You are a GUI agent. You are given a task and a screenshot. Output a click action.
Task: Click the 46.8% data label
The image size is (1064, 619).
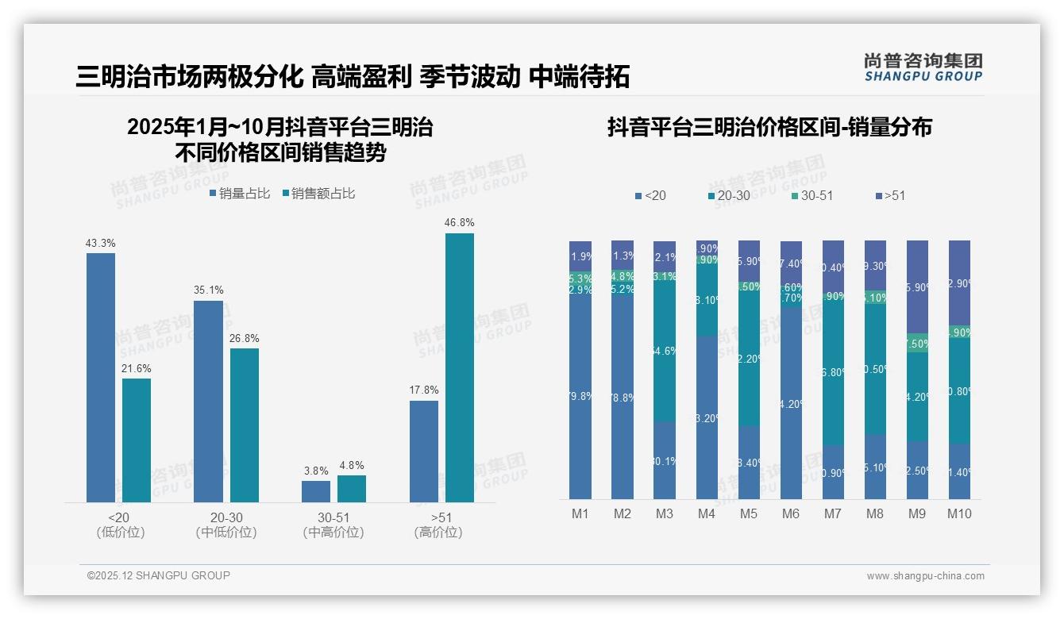pos(459,223)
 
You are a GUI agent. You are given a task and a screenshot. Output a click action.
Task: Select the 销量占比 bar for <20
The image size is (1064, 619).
pos(101,377)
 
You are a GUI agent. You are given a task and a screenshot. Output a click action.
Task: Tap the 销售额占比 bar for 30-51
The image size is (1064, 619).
pos(352,489)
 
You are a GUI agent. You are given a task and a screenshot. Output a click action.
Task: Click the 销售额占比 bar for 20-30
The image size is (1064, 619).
pos(245,425)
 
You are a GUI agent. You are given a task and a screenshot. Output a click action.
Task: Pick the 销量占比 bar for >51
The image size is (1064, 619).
pos(424,451)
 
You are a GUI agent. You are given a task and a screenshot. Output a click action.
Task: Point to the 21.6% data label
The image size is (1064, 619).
pos(137,369)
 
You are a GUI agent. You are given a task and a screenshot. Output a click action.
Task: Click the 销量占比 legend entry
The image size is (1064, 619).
pos(240,194)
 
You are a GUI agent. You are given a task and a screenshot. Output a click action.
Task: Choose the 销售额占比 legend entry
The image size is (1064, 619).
pos(318,194)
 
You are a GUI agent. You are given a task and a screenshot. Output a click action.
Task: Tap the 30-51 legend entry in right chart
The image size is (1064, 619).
pos(811,195)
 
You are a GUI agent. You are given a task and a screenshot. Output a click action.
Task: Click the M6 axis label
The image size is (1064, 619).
pos(790,513)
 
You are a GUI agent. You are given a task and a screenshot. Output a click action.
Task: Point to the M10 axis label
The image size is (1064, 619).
pos(959,513)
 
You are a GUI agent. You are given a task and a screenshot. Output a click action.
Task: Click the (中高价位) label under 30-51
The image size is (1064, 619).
pos(333,532)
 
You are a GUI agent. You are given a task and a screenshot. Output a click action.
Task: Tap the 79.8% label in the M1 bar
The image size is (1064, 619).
pos(580,397)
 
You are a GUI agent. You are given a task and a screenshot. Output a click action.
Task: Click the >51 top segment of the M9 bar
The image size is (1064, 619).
pos(917,286)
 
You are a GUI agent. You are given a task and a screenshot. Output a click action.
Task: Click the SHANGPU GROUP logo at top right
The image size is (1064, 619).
pos(923,67)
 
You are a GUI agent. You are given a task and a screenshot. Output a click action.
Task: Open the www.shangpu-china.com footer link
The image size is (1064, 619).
pos(925,576)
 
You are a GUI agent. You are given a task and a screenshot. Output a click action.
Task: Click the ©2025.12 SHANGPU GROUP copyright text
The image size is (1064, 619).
pos(159,575)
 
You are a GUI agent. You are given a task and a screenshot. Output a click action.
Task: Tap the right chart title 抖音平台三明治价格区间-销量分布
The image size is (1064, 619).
pos(769,127)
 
